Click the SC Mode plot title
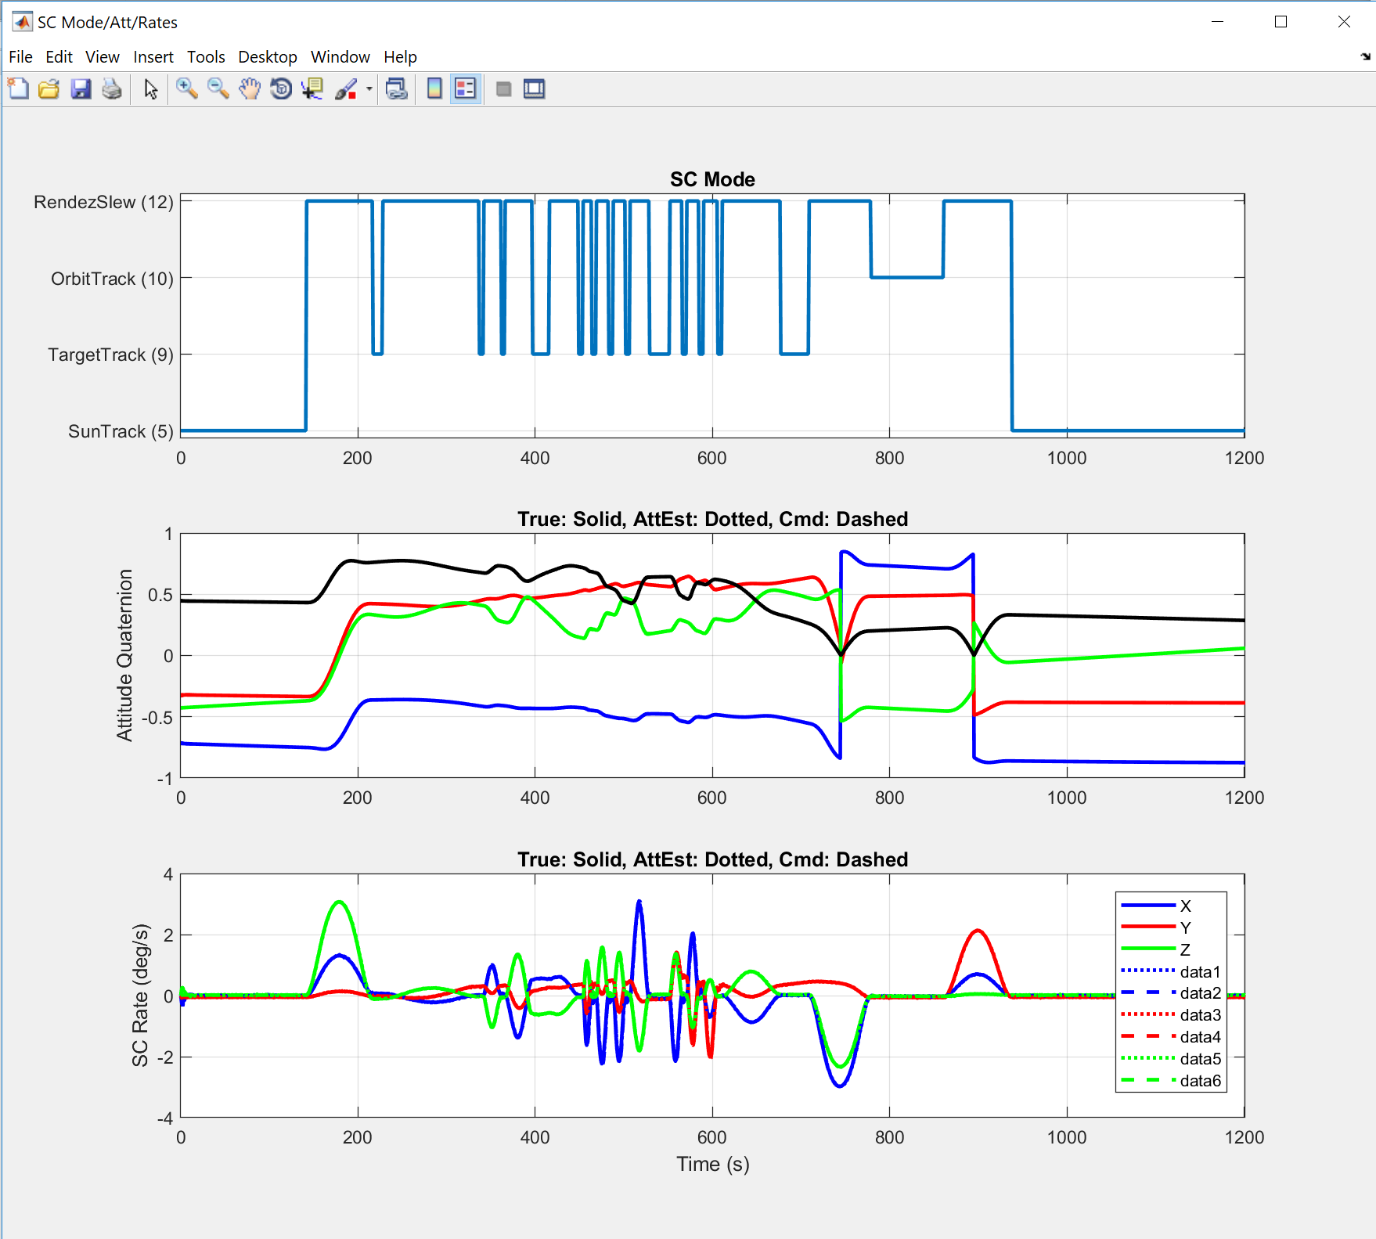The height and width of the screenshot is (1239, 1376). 711,179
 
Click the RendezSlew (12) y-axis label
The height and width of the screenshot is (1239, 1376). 103,202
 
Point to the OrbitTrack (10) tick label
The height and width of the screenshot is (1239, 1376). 112,279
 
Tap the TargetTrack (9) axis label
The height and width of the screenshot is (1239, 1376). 110,355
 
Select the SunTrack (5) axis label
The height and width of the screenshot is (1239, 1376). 121,431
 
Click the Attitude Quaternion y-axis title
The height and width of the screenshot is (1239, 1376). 124,655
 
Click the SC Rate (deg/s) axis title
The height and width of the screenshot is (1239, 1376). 140,995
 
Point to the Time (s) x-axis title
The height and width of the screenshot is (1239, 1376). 712,1164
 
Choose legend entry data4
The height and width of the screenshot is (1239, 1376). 1200,1037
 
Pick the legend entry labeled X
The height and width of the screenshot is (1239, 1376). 1185,906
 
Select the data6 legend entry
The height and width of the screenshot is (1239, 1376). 1200,1081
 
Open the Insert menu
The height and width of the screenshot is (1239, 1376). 153,57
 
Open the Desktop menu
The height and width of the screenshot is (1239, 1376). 267,57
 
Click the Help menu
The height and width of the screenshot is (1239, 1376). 399,57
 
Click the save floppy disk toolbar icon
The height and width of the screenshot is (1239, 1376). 81,89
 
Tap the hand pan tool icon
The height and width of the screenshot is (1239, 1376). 249,89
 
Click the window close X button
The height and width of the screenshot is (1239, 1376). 1344,22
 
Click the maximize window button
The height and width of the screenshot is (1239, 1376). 1281,22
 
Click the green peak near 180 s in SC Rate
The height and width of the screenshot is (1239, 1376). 339,902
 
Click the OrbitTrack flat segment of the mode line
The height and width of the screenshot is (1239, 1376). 906,277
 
